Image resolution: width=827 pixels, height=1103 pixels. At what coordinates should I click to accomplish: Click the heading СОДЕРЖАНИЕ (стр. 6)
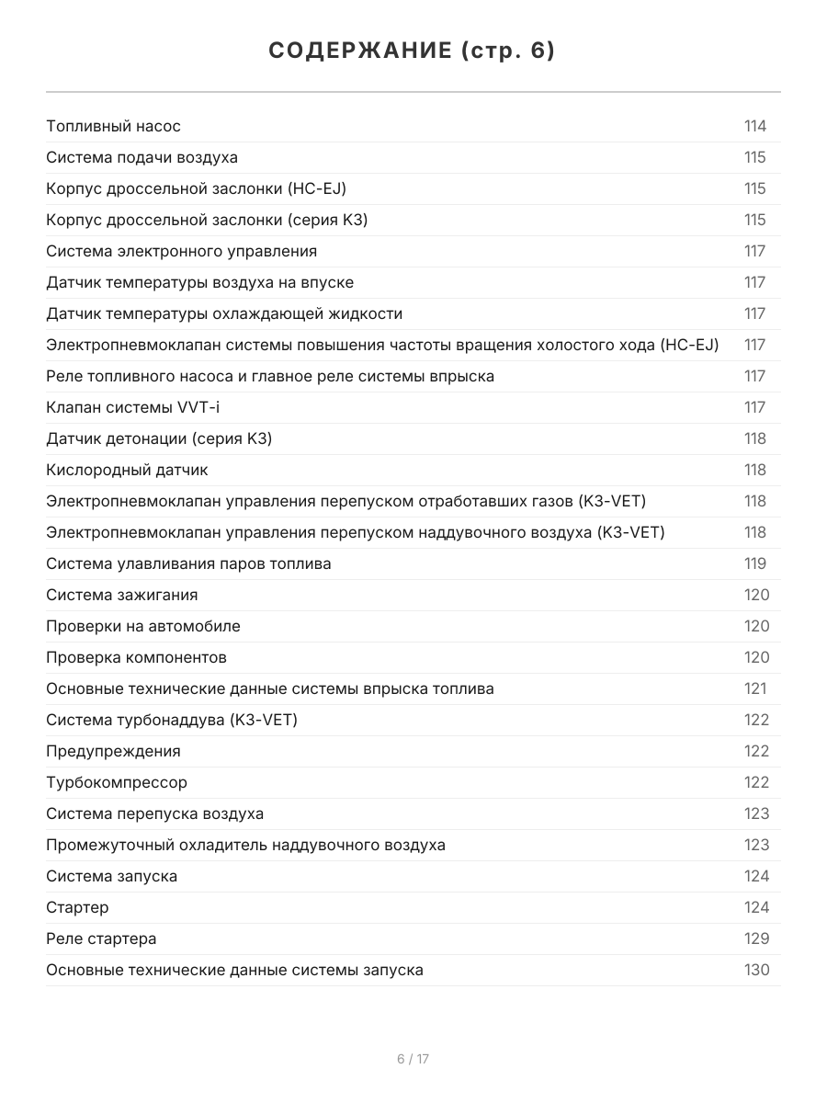point(413,51)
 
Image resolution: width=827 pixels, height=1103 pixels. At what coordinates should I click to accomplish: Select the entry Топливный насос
point(114,126)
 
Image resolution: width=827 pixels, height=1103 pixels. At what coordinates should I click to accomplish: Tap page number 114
point(754,126)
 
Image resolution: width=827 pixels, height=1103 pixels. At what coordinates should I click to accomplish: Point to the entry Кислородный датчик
point(128,470)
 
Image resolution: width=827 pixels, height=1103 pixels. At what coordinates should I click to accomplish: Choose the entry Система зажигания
point(122,595)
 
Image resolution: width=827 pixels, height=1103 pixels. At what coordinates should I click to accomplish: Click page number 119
point(754,563)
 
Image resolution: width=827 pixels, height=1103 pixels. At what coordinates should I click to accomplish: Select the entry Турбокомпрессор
point(117,782)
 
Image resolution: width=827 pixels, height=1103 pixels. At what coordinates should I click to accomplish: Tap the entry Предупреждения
point(114,751)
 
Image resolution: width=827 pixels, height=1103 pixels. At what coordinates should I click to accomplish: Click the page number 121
point(754,688)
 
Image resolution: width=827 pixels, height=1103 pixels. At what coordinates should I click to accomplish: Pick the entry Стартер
point(77,907)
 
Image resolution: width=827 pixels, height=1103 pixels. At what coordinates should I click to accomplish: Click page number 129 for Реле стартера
point(756,938)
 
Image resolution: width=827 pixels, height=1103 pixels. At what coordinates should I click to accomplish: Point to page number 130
point(756,970)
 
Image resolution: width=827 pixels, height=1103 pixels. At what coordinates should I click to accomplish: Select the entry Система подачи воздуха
point(142,157)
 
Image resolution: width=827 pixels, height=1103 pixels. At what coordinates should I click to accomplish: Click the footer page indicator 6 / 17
point(413,1059)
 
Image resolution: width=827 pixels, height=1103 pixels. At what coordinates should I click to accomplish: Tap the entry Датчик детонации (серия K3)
point(159,438)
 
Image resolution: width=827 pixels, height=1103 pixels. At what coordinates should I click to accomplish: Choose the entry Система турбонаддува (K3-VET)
point(172,720)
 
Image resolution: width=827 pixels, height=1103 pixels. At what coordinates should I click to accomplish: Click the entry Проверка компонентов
point(137,657)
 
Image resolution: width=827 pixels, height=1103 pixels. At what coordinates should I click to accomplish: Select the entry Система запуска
point(112,876)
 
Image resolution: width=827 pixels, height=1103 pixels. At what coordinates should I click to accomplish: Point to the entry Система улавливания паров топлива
point(189,563)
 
